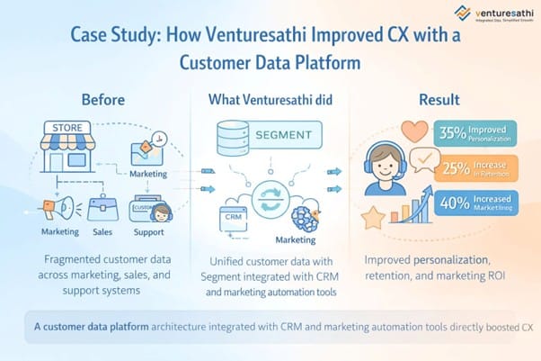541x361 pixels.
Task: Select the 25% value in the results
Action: coord(453,167)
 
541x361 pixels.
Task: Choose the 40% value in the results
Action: coord(454,203)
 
